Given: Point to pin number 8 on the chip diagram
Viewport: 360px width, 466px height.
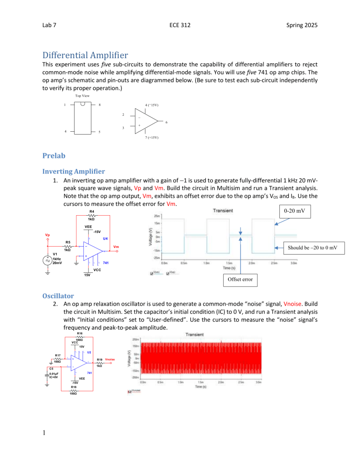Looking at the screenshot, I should pyautogui.click(x=99, y=105).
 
